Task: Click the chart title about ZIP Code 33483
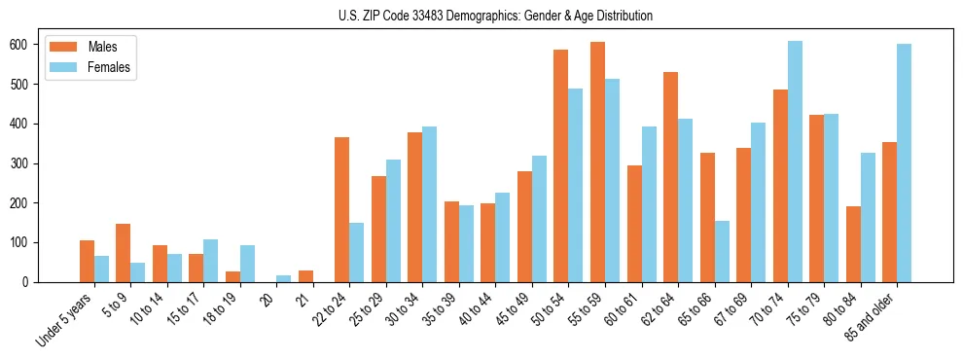point(481,16)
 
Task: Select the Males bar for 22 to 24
point(342,209)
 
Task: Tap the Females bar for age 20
point(284,278)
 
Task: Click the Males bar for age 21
point(305,276)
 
